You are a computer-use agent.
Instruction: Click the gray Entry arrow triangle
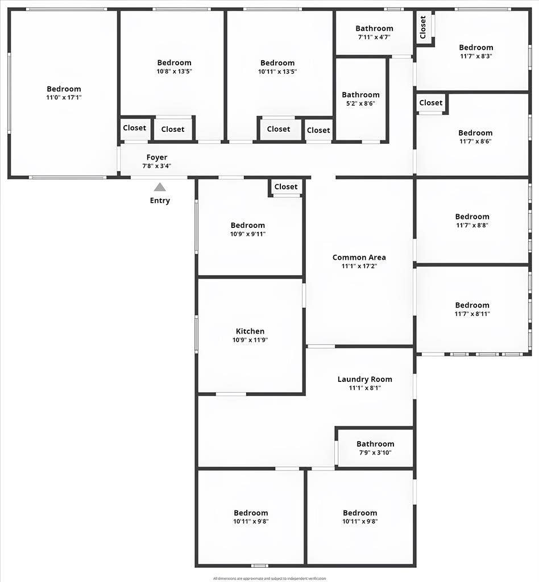[160, 187]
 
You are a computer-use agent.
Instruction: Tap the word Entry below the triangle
[160, 201]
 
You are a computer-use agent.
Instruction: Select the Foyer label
[157, 157]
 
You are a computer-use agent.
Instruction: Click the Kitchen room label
[250, 331]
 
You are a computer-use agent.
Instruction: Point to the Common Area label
[359, 257]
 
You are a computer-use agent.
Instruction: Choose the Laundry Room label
[364, 379]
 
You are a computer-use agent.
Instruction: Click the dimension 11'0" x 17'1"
[64, 98]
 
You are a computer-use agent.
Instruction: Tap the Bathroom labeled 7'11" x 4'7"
[374, 28]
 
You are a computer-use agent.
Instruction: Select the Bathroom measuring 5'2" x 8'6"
[360, 95]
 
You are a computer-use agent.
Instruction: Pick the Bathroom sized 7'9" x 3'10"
[375, 444]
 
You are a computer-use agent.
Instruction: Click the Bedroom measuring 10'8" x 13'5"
[174, 63]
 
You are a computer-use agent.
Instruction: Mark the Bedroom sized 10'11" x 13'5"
[277, 63]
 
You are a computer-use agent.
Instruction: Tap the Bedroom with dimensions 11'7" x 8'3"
[476, 48]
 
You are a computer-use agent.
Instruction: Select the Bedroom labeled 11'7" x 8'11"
[472, 305]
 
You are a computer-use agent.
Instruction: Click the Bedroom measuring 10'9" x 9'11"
[248, 225]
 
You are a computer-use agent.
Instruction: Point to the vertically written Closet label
[423, 27]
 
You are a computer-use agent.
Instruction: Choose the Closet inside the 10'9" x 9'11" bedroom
[285, 187]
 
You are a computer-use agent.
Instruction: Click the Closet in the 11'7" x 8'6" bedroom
[430, 103]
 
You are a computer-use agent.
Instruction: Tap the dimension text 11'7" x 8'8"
[472, 225]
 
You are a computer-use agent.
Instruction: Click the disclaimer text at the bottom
[269, 579]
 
